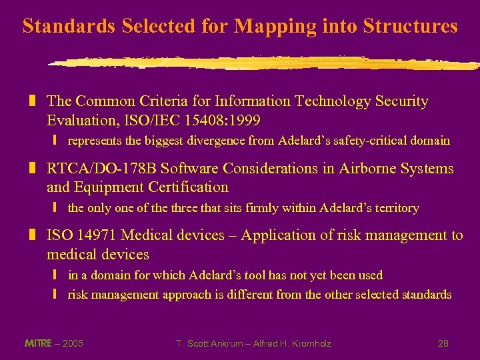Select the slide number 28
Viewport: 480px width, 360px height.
tap(443, 343)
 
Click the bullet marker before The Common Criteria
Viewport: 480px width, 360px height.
tap(31, 101)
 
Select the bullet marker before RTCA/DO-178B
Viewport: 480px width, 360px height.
tap(31, 169)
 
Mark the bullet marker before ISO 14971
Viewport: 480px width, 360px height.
tap(31, 235)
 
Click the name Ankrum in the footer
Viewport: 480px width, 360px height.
tap(223, 343)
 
